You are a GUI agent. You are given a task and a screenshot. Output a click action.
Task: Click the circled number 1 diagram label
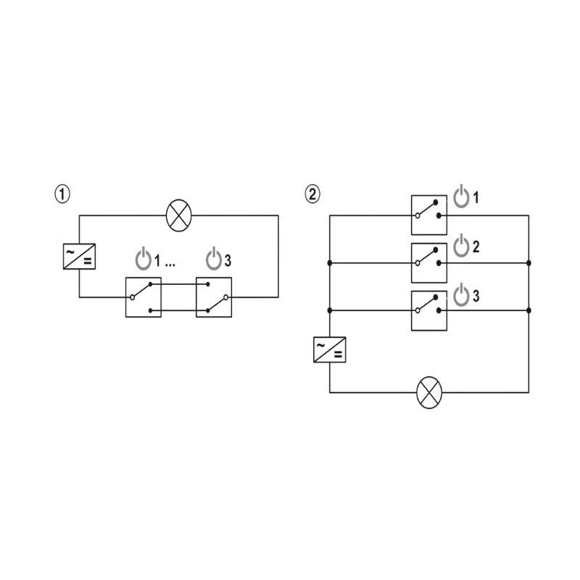(x=62, y=194)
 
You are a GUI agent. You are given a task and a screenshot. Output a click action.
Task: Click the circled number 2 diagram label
(x=312, y=194)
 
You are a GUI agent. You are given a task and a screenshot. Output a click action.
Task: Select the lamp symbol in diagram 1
(x=179, y=215)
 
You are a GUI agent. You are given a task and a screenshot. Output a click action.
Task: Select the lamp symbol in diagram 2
(x=429, y=392)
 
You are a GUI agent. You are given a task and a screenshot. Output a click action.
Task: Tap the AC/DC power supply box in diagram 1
(x=79, y=257)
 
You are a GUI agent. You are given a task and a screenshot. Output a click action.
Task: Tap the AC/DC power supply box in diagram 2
(x=330, y=349)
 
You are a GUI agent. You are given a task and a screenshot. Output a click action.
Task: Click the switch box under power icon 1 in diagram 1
(x=144, y=297)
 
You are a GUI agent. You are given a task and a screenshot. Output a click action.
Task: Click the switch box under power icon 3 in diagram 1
(x=214, y=297)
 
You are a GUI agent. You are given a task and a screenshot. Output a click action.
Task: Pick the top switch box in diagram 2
(x=429, y=215)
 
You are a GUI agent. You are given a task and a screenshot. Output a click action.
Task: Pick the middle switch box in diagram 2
(x=429, y=263)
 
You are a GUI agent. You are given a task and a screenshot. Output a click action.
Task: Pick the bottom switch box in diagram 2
(x=429, y=311)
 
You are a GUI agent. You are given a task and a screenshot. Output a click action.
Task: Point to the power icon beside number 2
(x=461, y=246)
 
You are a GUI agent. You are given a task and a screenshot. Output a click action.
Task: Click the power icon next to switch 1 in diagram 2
(x=461, y=196)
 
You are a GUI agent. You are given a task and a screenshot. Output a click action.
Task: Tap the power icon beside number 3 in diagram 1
(x=214, y=259)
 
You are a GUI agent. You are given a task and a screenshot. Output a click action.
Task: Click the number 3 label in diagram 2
(x=476, y=296)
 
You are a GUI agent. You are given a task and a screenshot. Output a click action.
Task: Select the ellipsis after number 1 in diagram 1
(x=170, y=265)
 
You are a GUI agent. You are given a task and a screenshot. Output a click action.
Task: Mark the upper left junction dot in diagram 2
(x=330, y=263)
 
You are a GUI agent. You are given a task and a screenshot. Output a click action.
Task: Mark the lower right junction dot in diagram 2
(x=529, y=310)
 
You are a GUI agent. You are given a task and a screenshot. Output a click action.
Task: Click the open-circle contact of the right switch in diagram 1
(x=226, y=297)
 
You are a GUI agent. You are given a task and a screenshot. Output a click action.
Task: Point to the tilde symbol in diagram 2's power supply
(x=320, y=345)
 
